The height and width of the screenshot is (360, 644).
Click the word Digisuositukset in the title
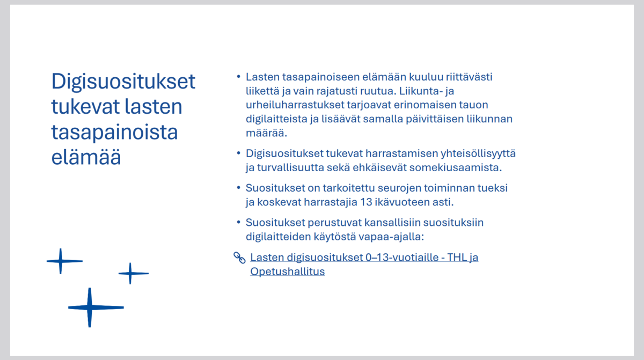pos(123,82)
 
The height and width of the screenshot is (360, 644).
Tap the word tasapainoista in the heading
pos(114,133)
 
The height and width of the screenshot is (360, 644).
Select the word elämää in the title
pos(86,157)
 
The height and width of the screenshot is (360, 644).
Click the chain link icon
pos(239,258)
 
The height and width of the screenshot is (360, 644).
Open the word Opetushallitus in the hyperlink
pos(288,271)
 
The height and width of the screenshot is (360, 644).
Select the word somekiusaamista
pos(456,167)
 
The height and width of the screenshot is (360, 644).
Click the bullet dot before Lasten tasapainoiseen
pos(238,76)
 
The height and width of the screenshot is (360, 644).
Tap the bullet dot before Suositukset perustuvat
pos(238,222)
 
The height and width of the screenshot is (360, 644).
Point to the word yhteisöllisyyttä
pos(478,154)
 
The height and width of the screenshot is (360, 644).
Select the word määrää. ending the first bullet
pos(266,133)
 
